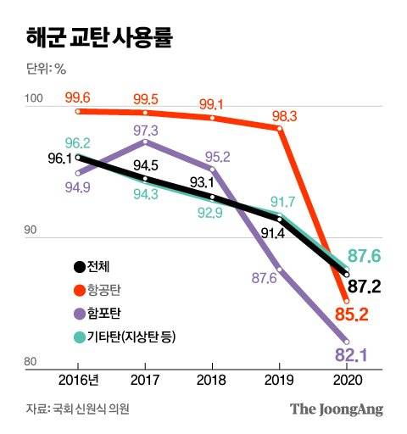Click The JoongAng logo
click(337, 409)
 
